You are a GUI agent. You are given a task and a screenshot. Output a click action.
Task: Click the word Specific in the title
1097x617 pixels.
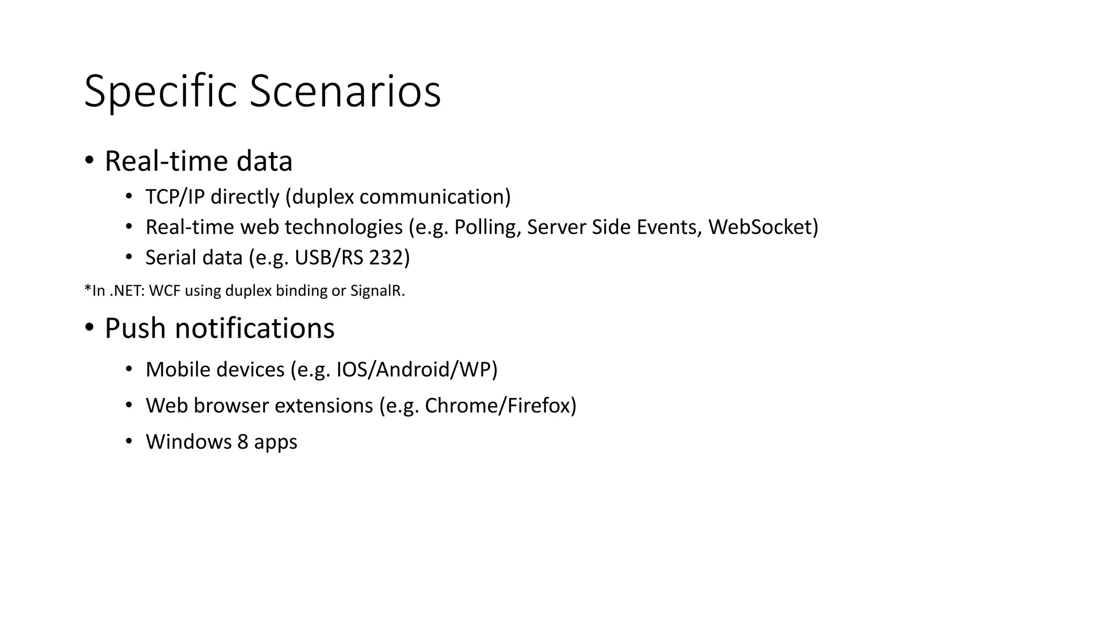(160, 92)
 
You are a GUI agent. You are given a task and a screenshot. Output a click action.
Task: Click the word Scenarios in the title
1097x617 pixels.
(345, 92)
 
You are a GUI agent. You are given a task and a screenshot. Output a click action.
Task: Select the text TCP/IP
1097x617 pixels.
(175, 197)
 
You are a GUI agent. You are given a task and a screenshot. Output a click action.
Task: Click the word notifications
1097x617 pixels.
(254, 328)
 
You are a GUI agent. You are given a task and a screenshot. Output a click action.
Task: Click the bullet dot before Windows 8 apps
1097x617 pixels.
(129, 441)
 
